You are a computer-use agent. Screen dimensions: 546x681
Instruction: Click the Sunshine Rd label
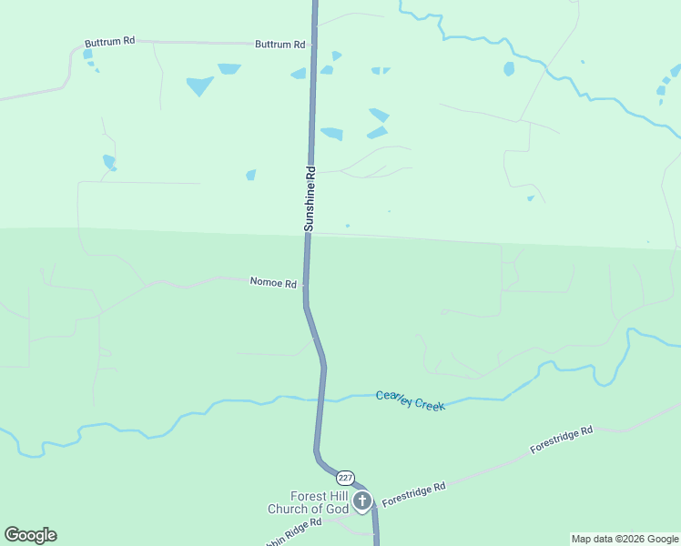[x=310, y=197]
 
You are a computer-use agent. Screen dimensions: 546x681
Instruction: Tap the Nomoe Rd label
[x=273, y=283]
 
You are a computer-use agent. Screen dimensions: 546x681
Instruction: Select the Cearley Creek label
[x=411, y=400]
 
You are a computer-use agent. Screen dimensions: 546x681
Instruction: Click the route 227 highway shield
[x=345, y=478]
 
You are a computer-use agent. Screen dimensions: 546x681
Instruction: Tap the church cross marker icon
[x=362, y=500]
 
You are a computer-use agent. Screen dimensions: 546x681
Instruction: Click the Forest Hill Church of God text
[x=308, y=502]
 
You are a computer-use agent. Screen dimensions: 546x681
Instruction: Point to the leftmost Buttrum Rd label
[x=109, y=42]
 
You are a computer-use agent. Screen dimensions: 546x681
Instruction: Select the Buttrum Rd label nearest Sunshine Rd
[x=280, y=44]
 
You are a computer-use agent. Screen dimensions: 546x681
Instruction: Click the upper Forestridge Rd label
[x=562, y=440]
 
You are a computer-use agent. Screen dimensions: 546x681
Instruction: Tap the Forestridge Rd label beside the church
[x=414, y=494]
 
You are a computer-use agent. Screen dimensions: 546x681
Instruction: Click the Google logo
[x=30, y=535]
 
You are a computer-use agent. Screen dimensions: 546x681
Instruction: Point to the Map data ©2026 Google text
[x=625, y=539]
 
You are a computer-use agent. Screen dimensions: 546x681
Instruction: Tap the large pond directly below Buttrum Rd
[x=199, y=86]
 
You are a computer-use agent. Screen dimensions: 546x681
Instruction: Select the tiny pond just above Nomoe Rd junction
[x=347, y=226]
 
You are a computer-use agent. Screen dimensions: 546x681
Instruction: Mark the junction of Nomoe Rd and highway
[x=305, y=284]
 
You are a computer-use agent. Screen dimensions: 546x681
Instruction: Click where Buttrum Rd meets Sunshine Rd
[x=312, y=44]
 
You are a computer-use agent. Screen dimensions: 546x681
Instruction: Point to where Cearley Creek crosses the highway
[x=321, y=398]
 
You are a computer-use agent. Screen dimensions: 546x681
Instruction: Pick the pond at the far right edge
[x=675, y=71]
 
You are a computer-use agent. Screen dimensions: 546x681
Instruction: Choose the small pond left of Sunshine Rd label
[x=250, y=175]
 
